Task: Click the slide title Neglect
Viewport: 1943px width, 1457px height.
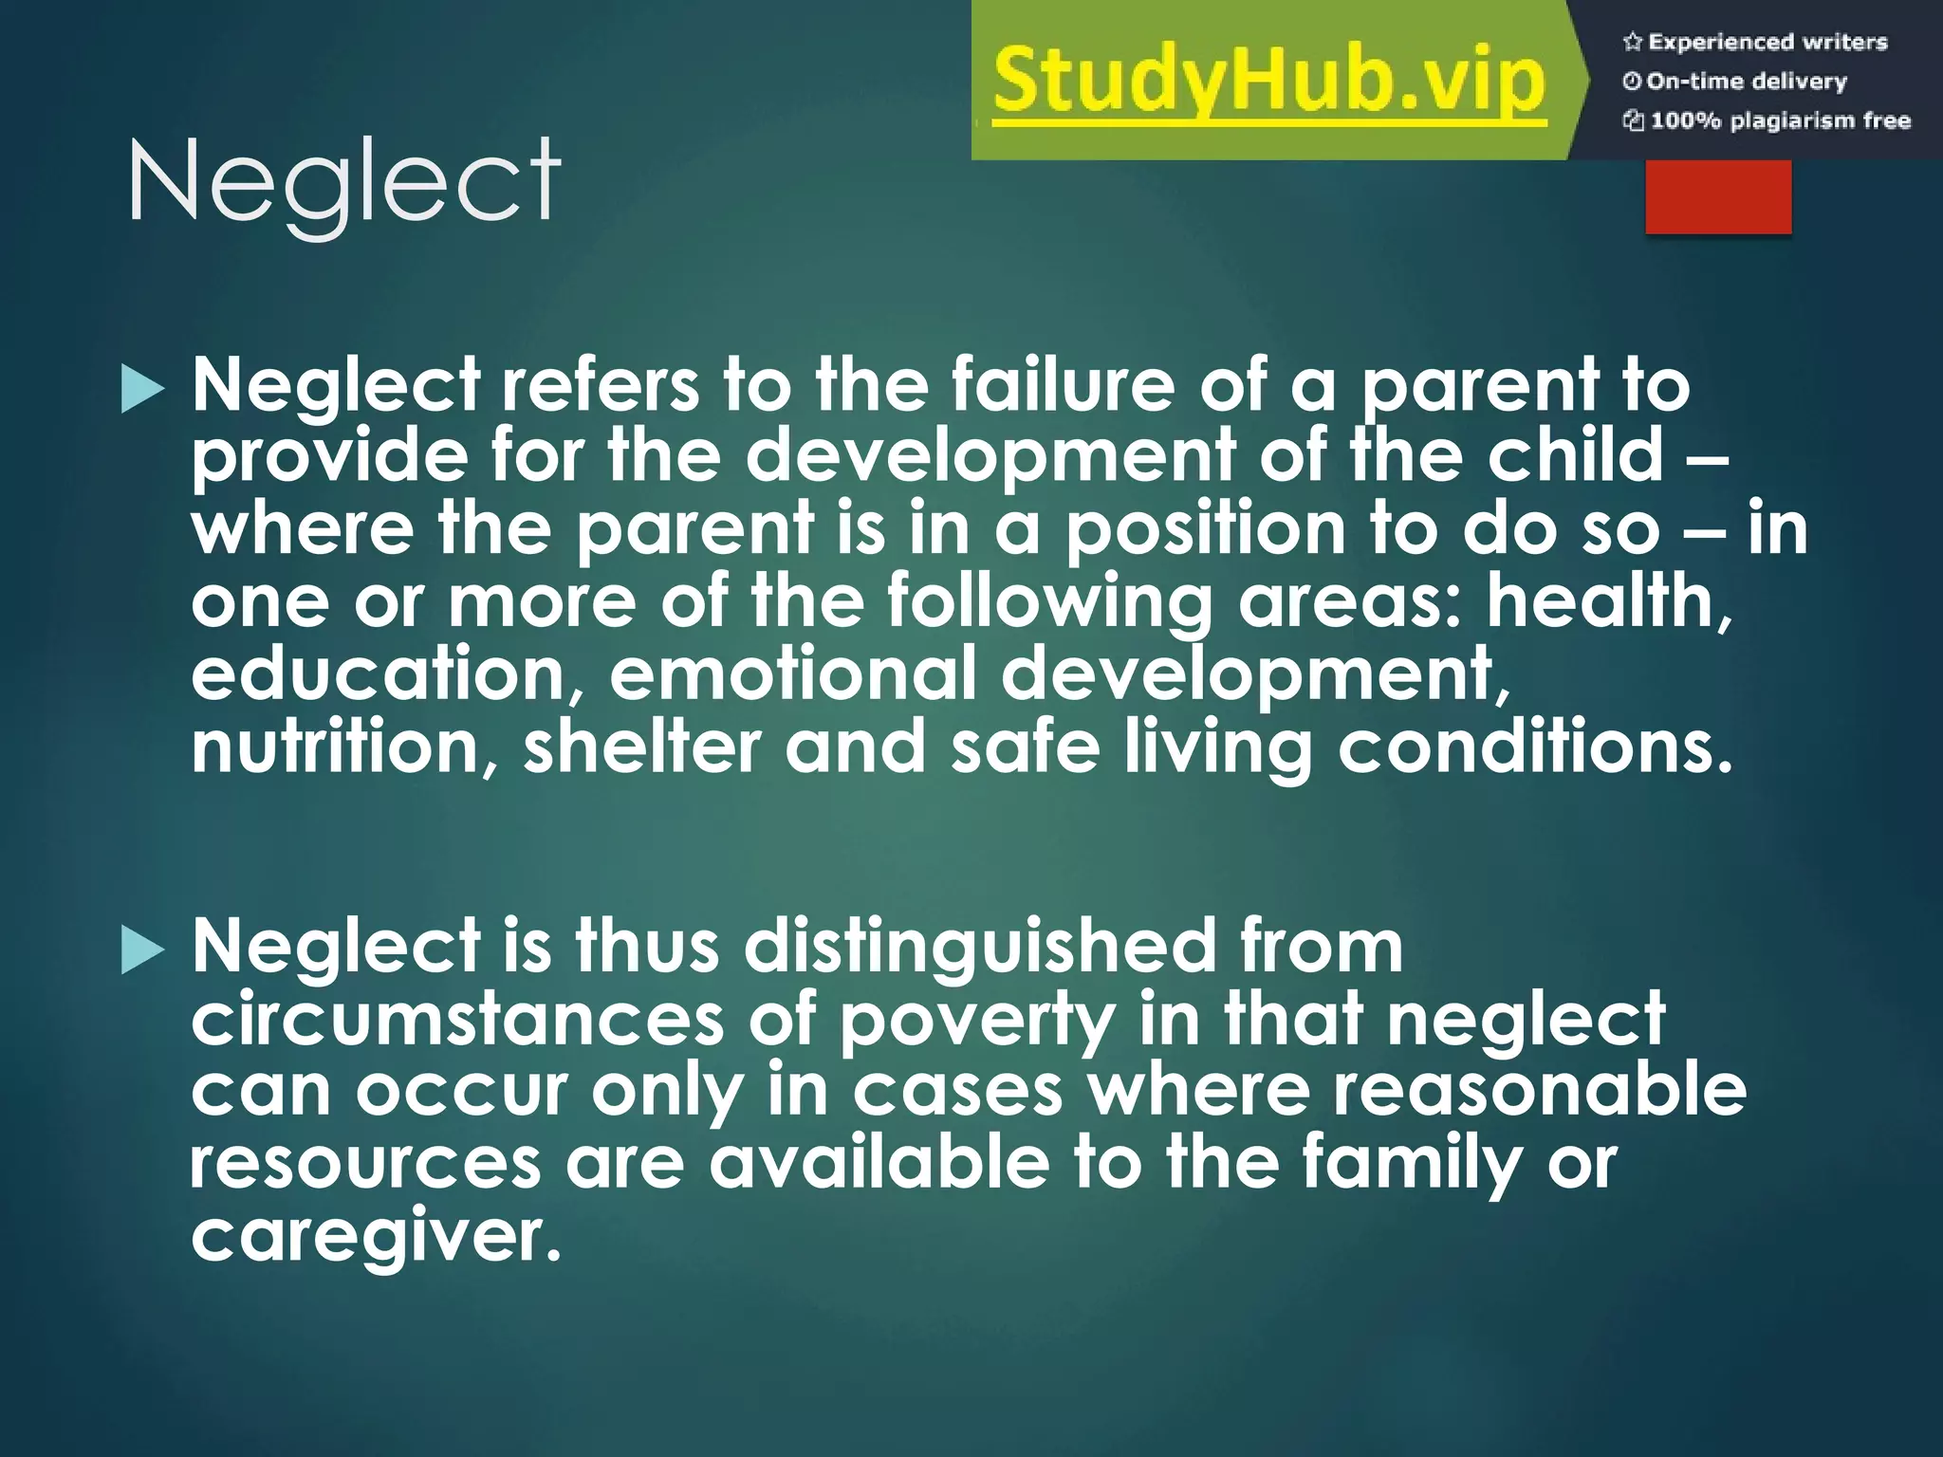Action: tap(343, 180)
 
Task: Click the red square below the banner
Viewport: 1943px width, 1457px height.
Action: tap(1718, 196)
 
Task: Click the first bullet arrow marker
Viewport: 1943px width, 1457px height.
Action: tap(142, 391)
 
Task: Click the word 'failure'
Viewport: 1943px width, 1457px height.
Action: tap(1063, 385)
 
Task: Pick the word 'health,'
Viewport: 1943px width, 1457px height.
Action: tap(1609, 602)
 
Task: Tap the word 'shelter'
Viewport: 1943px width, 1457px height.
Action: tap(642, 747)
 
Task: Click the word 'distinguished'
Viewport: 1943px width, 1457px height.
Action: tap(980, 947)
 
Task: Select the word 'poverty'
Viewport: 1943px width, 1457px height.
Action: tap(977, 1021)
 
